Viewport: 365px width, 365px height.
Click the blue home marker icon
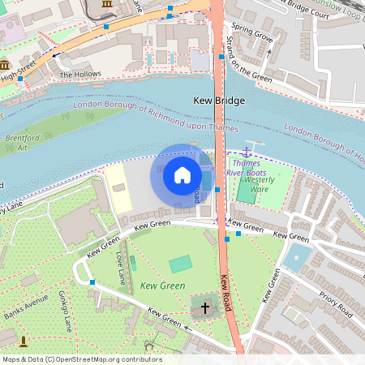click(x=182, y=175)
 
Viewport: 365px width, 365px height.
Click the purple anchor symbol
click(x=247, y=152)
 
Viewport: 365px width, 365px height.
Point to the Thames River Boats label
click(x=247, y=168)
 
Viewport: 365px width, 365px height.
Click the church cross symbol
click(x=204, y=308)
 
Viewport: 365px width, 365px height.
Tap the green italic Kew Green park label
click(x=163, y=286)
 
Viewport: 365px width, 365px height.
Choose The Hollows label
click(x=81, y=75)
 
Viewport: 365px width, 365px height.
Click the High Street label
click(x=19, y=76)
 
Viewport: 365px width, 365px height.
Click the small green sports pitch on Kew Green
click(x=181, y=264)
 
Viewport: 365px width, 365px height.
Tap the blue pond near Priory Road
click(x=298, y=258)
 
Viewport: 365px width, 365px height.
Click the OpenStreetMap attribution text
click(x=82, y=359)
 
